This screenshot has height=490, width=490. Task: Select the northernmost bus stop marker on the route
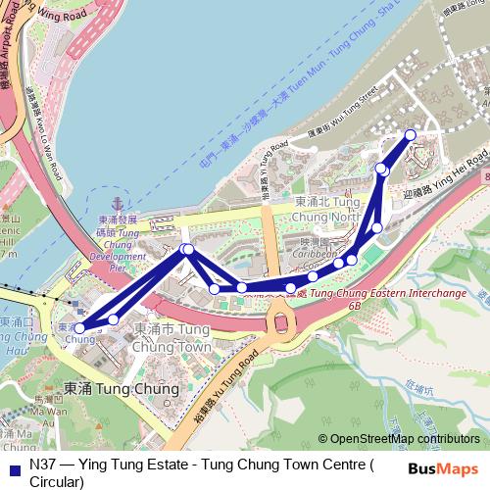410,134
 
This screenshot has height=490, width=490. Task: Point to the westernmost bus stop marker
80,327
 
